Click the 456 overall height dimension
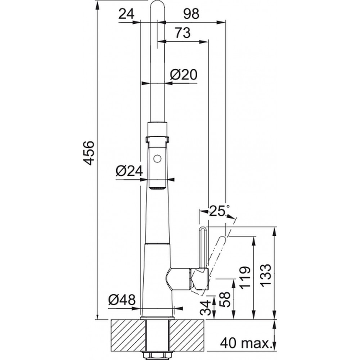89,153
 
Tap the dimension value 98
191,14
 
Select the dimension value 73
183,33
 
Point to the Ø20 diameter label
184,75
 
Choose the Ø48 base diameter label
122,300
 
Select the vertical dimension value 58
225,300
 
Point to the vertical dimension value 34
205,308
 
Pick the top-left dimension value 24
126,15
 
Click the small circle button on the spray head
157,159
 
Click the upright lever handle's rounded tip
203,228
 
